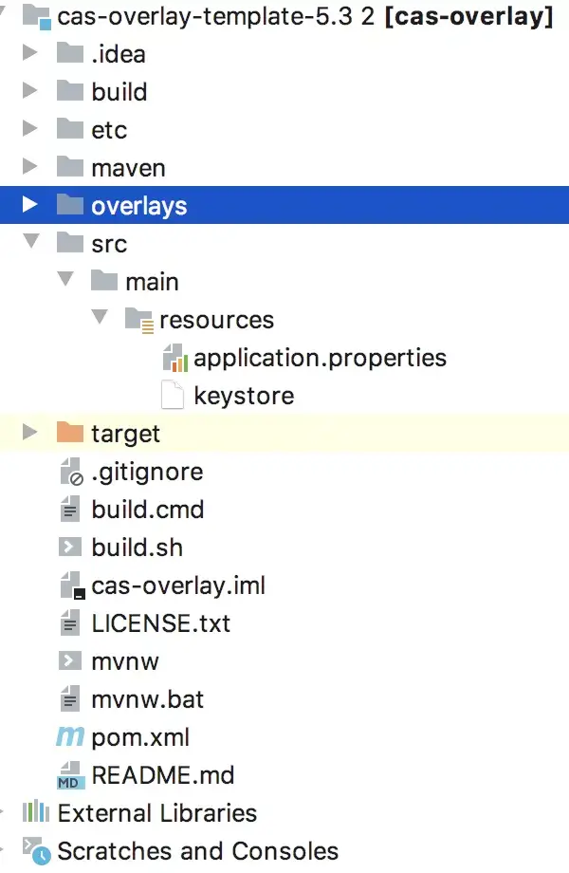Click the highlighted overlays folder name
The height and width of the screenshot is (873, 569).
tap(138, 206)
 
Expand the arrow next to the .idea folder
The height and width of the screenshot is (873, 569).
tap(30, 54)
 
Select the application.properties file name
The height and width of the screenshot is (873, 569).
tap(320, 358)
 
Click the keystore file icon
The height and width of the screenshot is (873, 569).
tap(173, 396)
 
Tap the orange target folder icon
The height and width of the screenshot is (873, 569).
tap(70, 434)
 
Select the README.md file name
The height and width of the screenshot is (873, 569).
tap(162, 775)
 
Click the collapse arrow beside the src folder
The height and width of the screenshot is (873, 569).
tap(30, 244)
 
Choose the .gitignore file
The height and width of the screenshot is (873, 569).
tap(147, 472)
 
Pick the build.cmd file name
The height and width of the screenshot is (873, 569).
tap(147, 510)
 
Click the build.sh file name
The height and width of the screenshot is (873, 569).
tap(137, 548)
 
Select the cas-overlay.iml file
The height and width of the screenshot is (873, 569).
tap(178, 585)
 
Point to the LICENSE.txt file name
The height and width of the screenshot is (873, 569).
tap(160, 623)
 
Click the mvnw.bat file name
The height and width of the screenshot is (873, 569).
tap(147, 699)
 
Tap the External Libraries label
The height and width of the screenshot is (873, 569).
tap(156, 813)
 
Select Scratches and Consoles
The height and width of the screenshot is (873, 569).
tap(197, 851)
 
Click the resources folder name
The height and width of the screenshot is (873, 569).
tap(216, 320)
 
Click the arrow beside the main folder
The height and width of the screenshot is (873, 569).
tap(64, 282)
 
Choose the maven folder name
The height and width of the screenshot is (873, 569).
tap(128, 168)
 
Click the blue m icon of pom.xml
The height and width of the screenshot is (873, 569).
tap(70, 737)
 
